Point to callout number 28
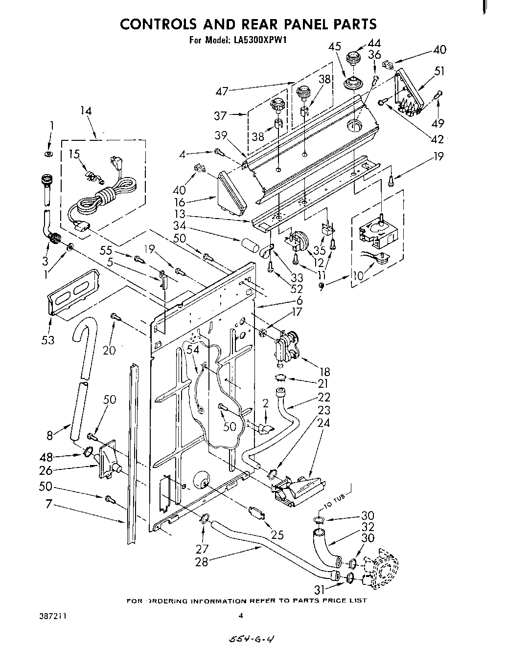coord(202,562)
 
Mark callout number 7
coord(48,503)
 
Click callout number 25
coord(277,535)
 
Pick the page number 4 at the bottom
coord(240,616)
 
